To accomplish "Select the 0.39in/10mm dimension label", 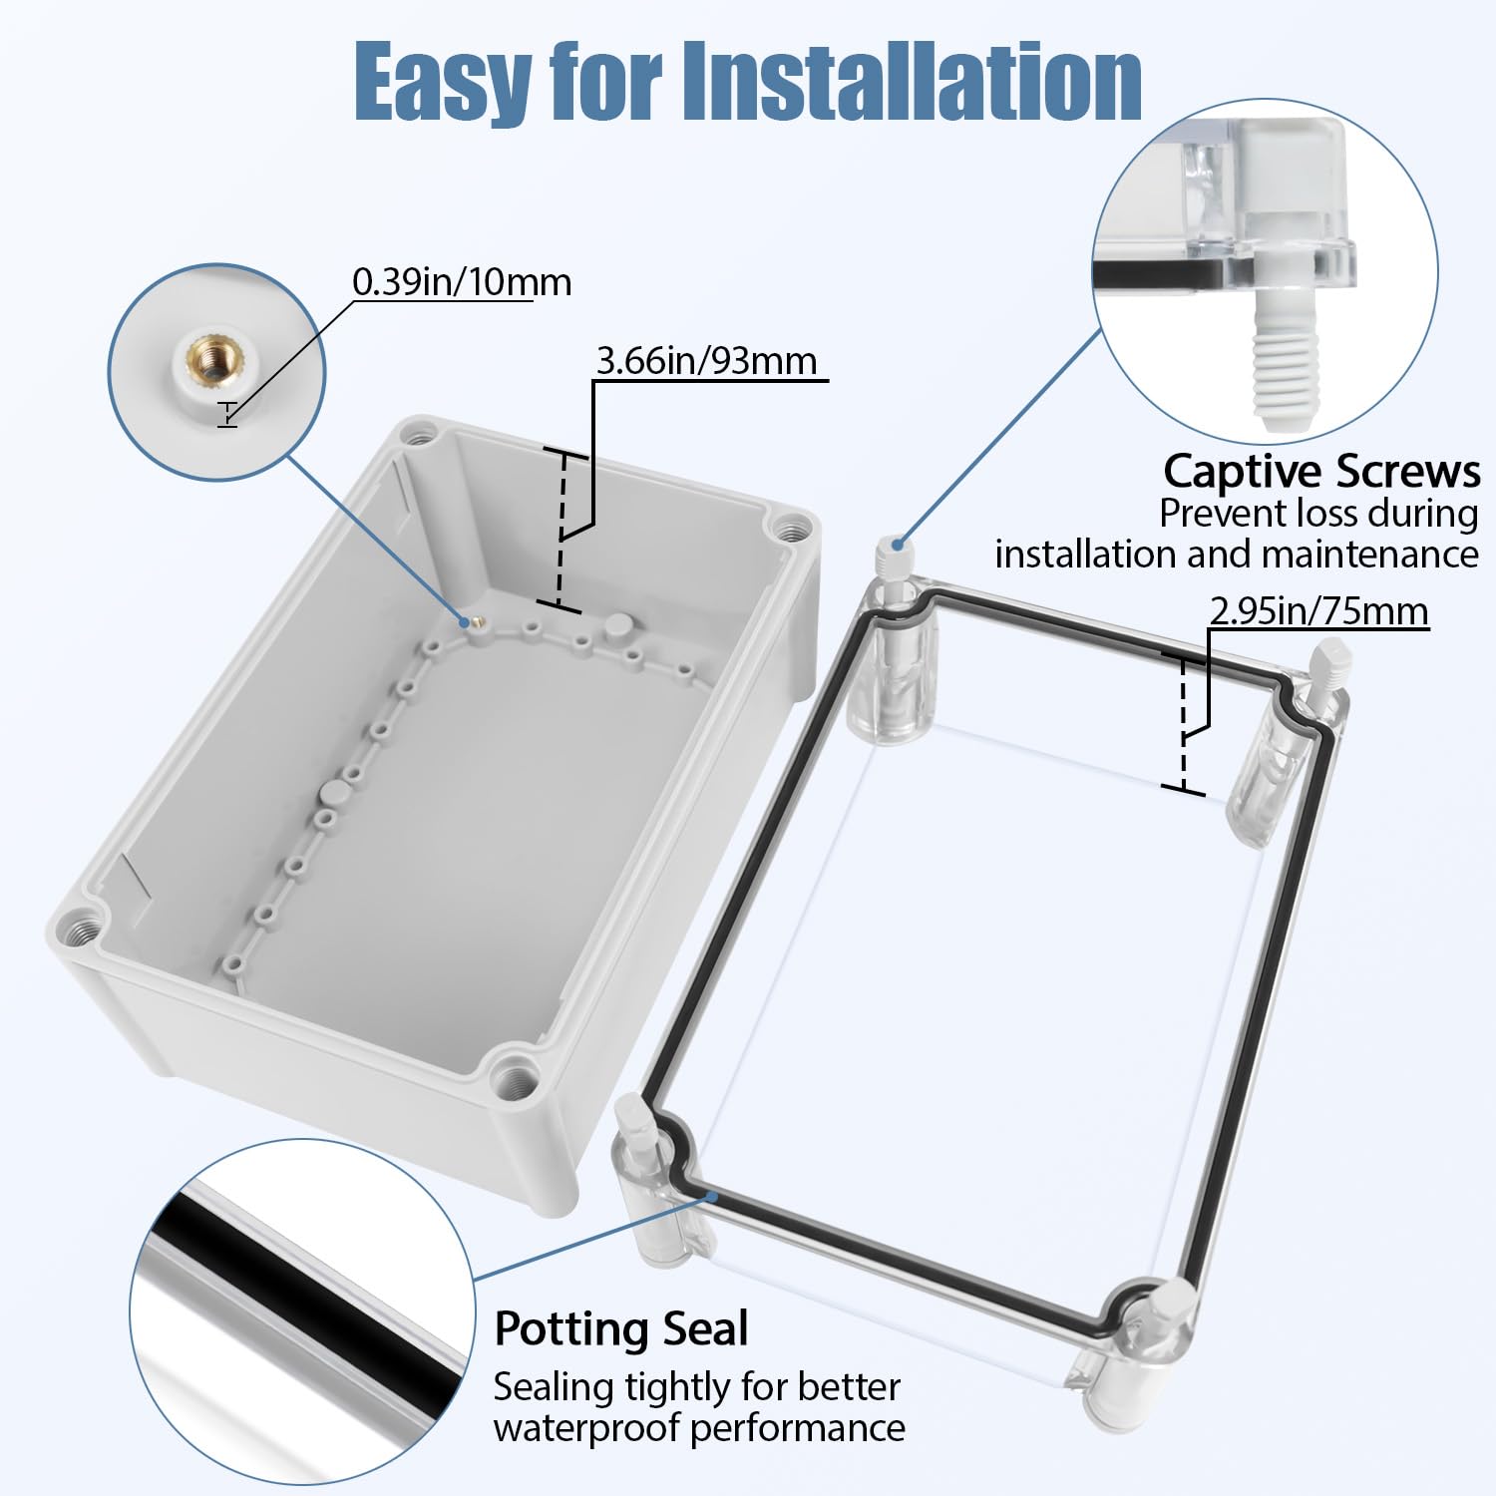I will coord(462,282).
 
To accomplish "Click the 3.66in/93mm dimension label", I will coord(706,360).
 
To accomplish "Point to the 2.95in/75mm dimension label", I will coord(1318,610).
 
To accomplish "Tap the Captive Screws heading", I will coord(1321,471).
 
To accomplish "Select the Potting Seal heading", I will coord(620,1328).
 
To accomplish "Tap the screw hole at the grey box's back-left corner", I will coord(420,435).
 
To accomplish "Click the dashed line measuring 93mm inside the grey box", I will coord(561,529).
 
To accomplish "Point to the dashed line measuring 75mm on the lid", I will coord(1184,723).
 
